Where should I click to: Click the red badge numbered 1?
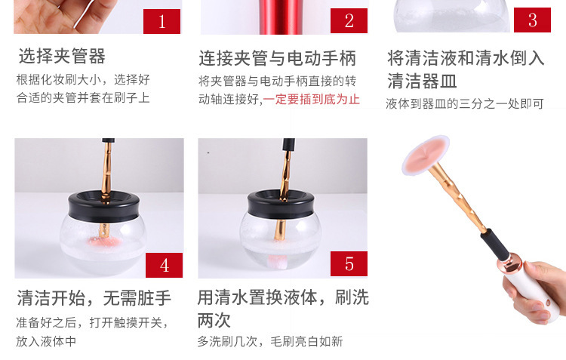(161, 21)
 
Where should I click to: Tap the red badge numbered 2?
(349, 21)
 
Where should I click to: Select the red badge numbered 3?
(532, 20)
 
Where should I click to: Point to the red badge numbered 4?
(164, 265)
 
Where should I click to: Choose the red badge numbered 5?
(349, 264)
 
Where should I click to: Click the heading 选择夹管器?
(62, 57)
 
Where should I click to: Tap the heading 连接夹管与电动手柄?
(277, 59)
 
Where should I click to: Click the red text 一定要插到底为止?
(311, 100)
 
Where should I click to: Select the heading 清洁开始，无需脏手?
(94, 298)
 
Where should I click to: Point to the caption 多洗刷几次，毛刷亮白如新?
(269, 341)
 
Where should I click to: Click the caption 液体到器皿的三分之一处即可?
(465, 104)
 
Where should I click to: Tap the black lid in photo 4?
(105, 206)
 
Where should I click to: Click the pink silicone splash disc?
(426, 155)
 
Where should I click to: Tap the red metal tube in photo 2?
(279, 17)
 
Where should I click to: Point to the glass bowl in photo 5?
(281, 240)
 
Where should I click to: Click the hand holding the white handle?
(536, 291)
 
